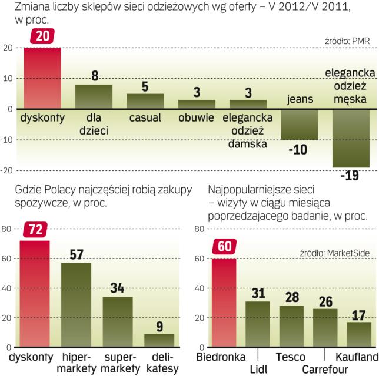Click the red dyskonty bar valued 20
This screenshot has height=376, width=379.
pos(42,78)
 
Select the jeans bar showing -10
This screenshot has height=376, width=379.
pos(299,125)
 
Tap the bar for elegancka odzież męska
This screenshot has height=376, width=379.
pos(351,138)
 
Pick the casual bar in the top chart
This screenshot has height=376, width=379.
pos(145,101)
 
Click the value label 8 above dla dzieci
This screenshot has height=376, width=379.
pos(94,76)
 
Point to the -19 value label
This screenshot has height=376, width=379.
pos(351,175)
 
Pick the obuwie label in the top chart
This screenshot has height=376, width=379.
pos(197,117)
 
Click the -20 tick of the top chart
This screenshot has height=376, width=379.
pos(8,170)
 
